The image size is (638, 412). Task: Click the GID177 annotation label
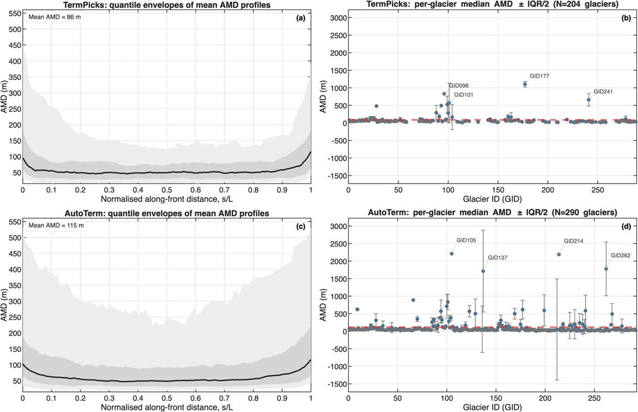[540, 76]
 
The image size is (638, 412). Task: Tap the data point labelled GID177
[525, 84]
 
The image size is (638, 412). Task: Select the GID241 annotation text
[603, 91]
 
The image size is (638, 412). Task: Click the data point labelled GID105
[452, 254]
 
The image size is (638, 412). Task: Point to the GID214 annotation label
[573, 241]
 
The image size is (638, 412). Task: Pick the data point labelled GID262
[606, 269]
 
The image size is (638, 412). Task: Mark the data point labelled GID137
[483, 271]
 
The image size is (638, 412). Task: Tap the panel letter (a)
[300, 18]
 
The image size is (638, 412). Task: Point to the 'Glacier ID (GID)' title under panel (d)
[492, 407]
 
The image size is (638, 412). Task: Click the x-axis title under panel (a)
[167, 199]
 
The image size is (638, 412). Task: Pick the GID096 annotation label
[459, 86]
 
